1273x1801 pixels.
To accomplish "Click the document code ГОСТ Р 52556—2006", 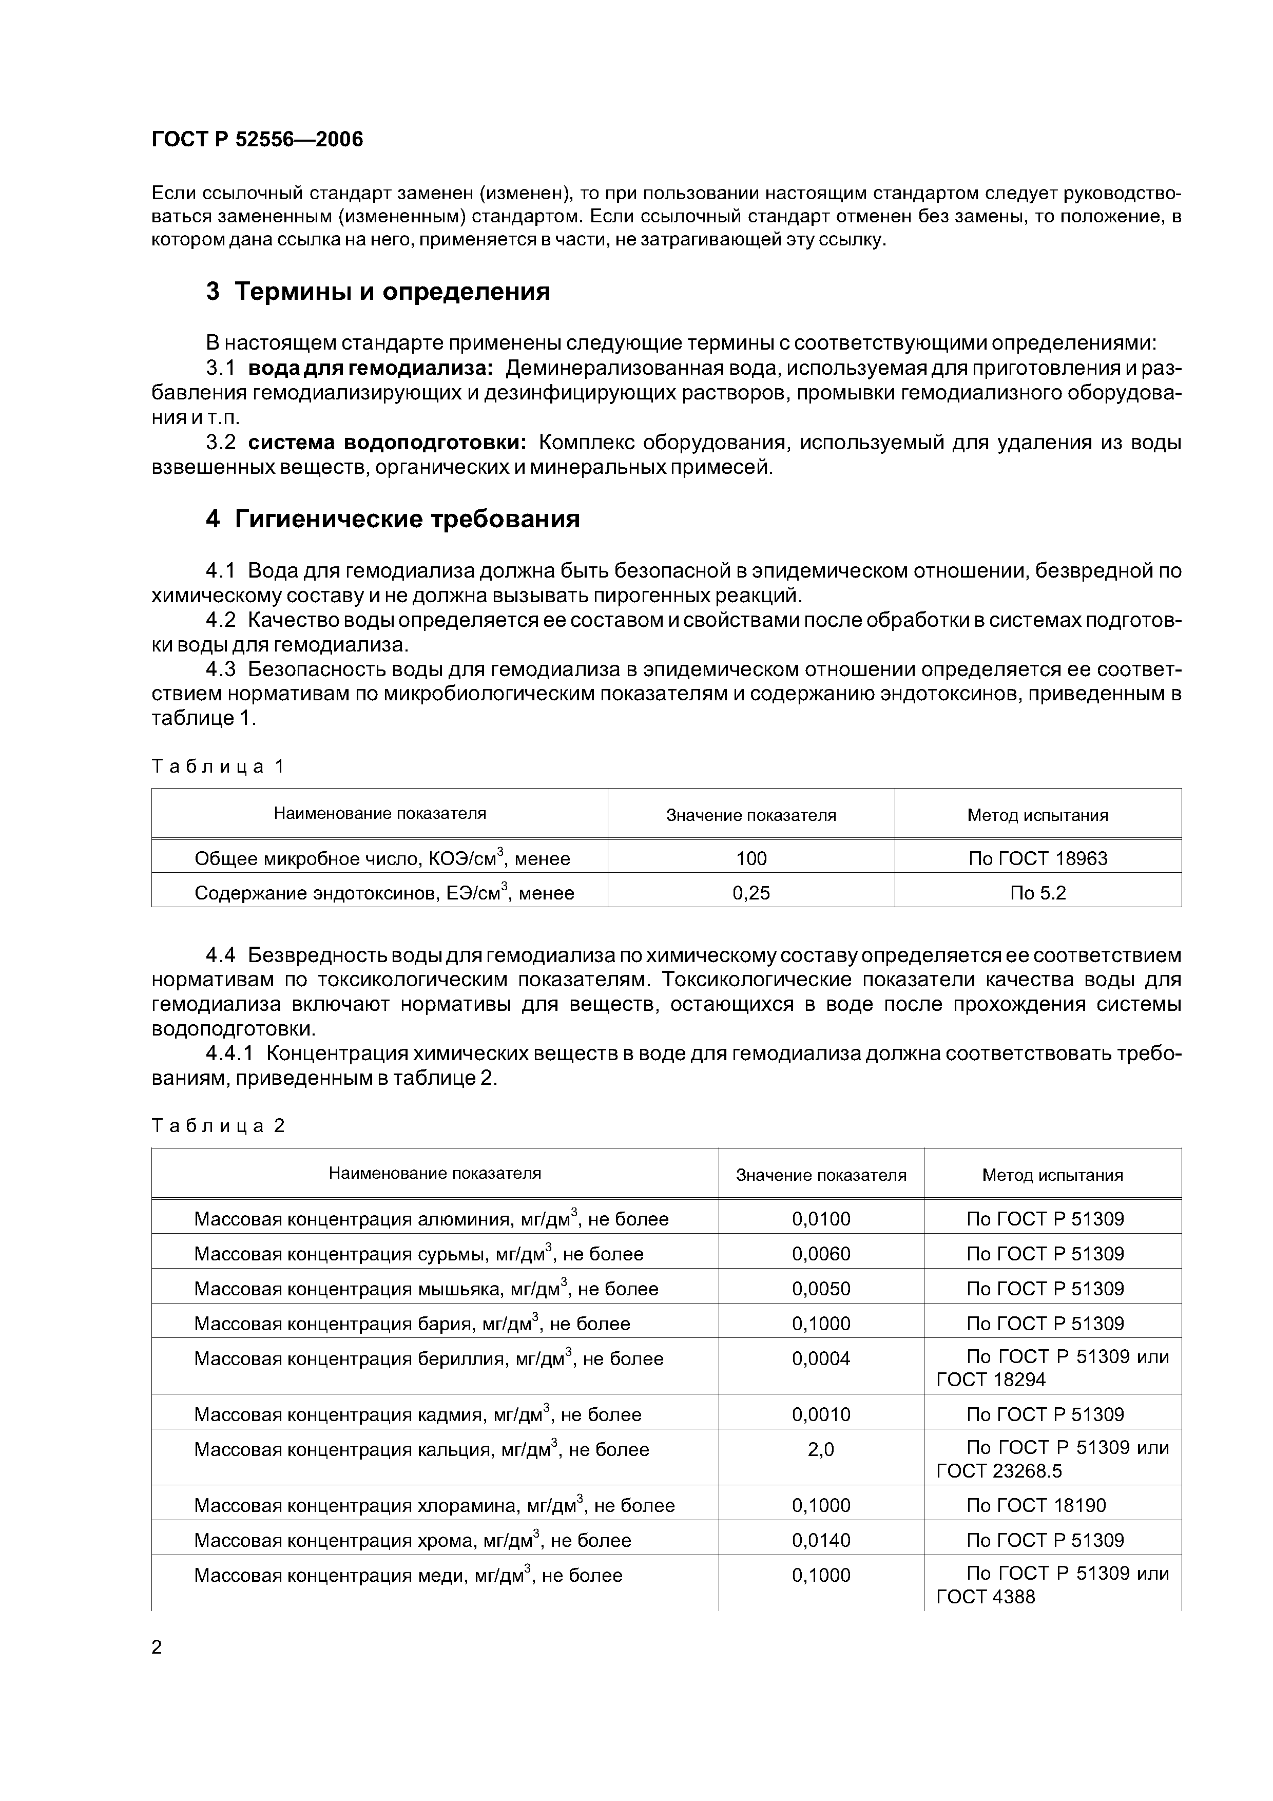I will pos(257,140).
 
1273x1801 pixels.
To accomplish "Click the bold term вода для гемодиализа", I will pos(371,368).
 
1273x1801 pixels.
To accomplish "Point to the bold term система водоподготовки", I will pos(388,443).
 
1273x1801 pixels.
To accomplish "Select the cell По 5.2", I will pos(1038,893).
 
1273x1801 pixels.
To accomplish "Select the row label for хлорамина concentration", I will pos(434,1505).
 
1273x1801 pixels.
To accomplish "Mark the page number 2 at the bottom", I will pos(157,1647).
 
